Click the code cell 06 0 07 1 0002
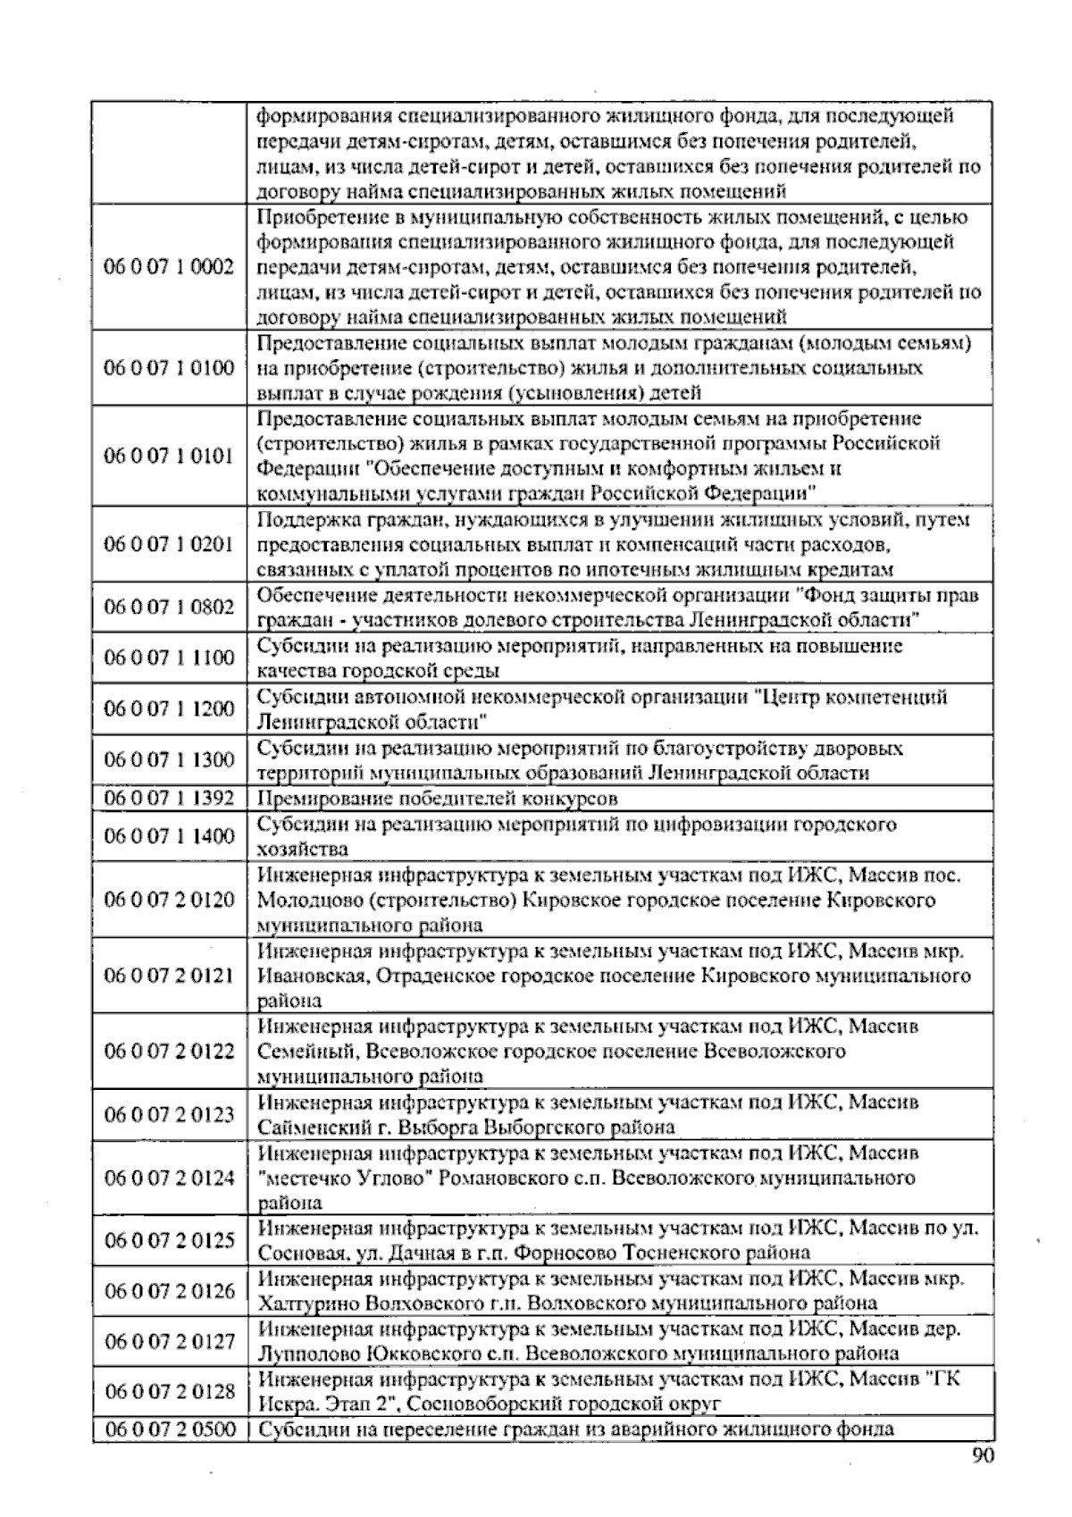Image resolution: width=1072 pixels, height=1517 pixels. pos(169,266)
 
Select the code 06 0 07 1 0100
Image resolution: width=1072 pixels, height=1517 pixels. pos(169,368)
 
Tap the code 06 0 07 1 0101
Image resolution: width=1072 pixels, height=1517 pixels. pos(169,456)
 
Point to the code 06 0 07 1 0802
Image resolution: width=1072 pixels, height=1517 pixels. pos(169,607)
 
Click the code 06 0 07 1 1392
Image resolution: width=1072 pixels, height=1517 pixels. pos(169,798)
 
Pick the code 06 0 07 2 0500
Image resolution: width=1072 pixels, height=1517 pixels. pos(169,1429)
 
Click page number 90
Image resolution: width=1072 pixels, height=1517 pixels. pos(982,1456)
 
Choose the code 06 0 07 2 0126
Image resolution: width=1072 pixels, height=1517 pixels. pos(169,1290)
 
